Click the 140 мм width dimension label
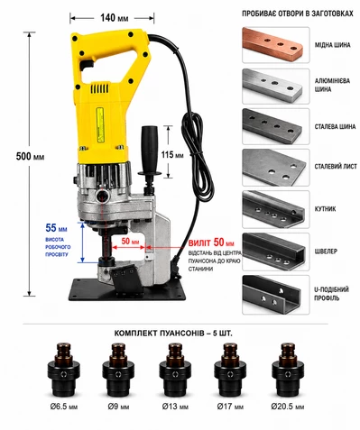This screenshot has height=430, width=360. tap(115, 18)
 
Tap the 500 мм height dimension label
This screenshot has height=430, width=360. tap(30, 156)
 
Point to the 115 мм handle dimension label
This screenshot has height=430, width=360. tap(172, 155)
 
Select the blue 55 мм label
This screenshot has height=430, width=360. tap(56, 228)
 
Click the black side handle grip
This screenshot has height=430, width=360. tap(150, 147)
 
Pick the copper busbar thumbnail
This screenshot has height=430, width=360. tap(276, 45)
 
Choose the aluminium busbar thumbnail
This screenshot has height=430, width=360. tap(276, 87)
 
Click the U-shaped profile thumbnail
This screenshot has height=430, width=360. tap(276, 295)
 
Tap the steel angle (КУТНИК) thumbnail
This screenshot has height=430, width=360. tap(276, 209)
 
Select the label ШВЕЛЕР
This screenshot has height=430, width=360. tap(326, 251)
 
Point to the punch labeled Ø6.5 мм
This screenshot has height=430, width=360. tap(64, 370)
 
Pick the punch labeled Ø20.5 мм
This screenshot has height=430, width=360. tap(288, 370)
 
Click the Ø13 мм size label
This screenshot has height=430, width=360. tap(175, 407)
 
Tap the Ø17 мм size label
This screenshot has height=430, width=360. tap(230, 407)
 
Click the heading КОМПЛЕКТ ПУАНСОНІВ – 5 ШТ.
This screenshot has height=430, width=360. tap(173, 334)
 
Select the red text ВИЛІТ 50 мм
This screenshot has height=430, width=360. tap(211, 242)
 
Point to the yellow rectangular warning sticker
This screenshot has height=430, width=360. tap(100, 124)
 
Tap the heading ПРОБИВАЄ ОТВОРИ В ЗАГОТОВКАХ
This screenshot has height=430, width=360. tap(298, 14)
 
